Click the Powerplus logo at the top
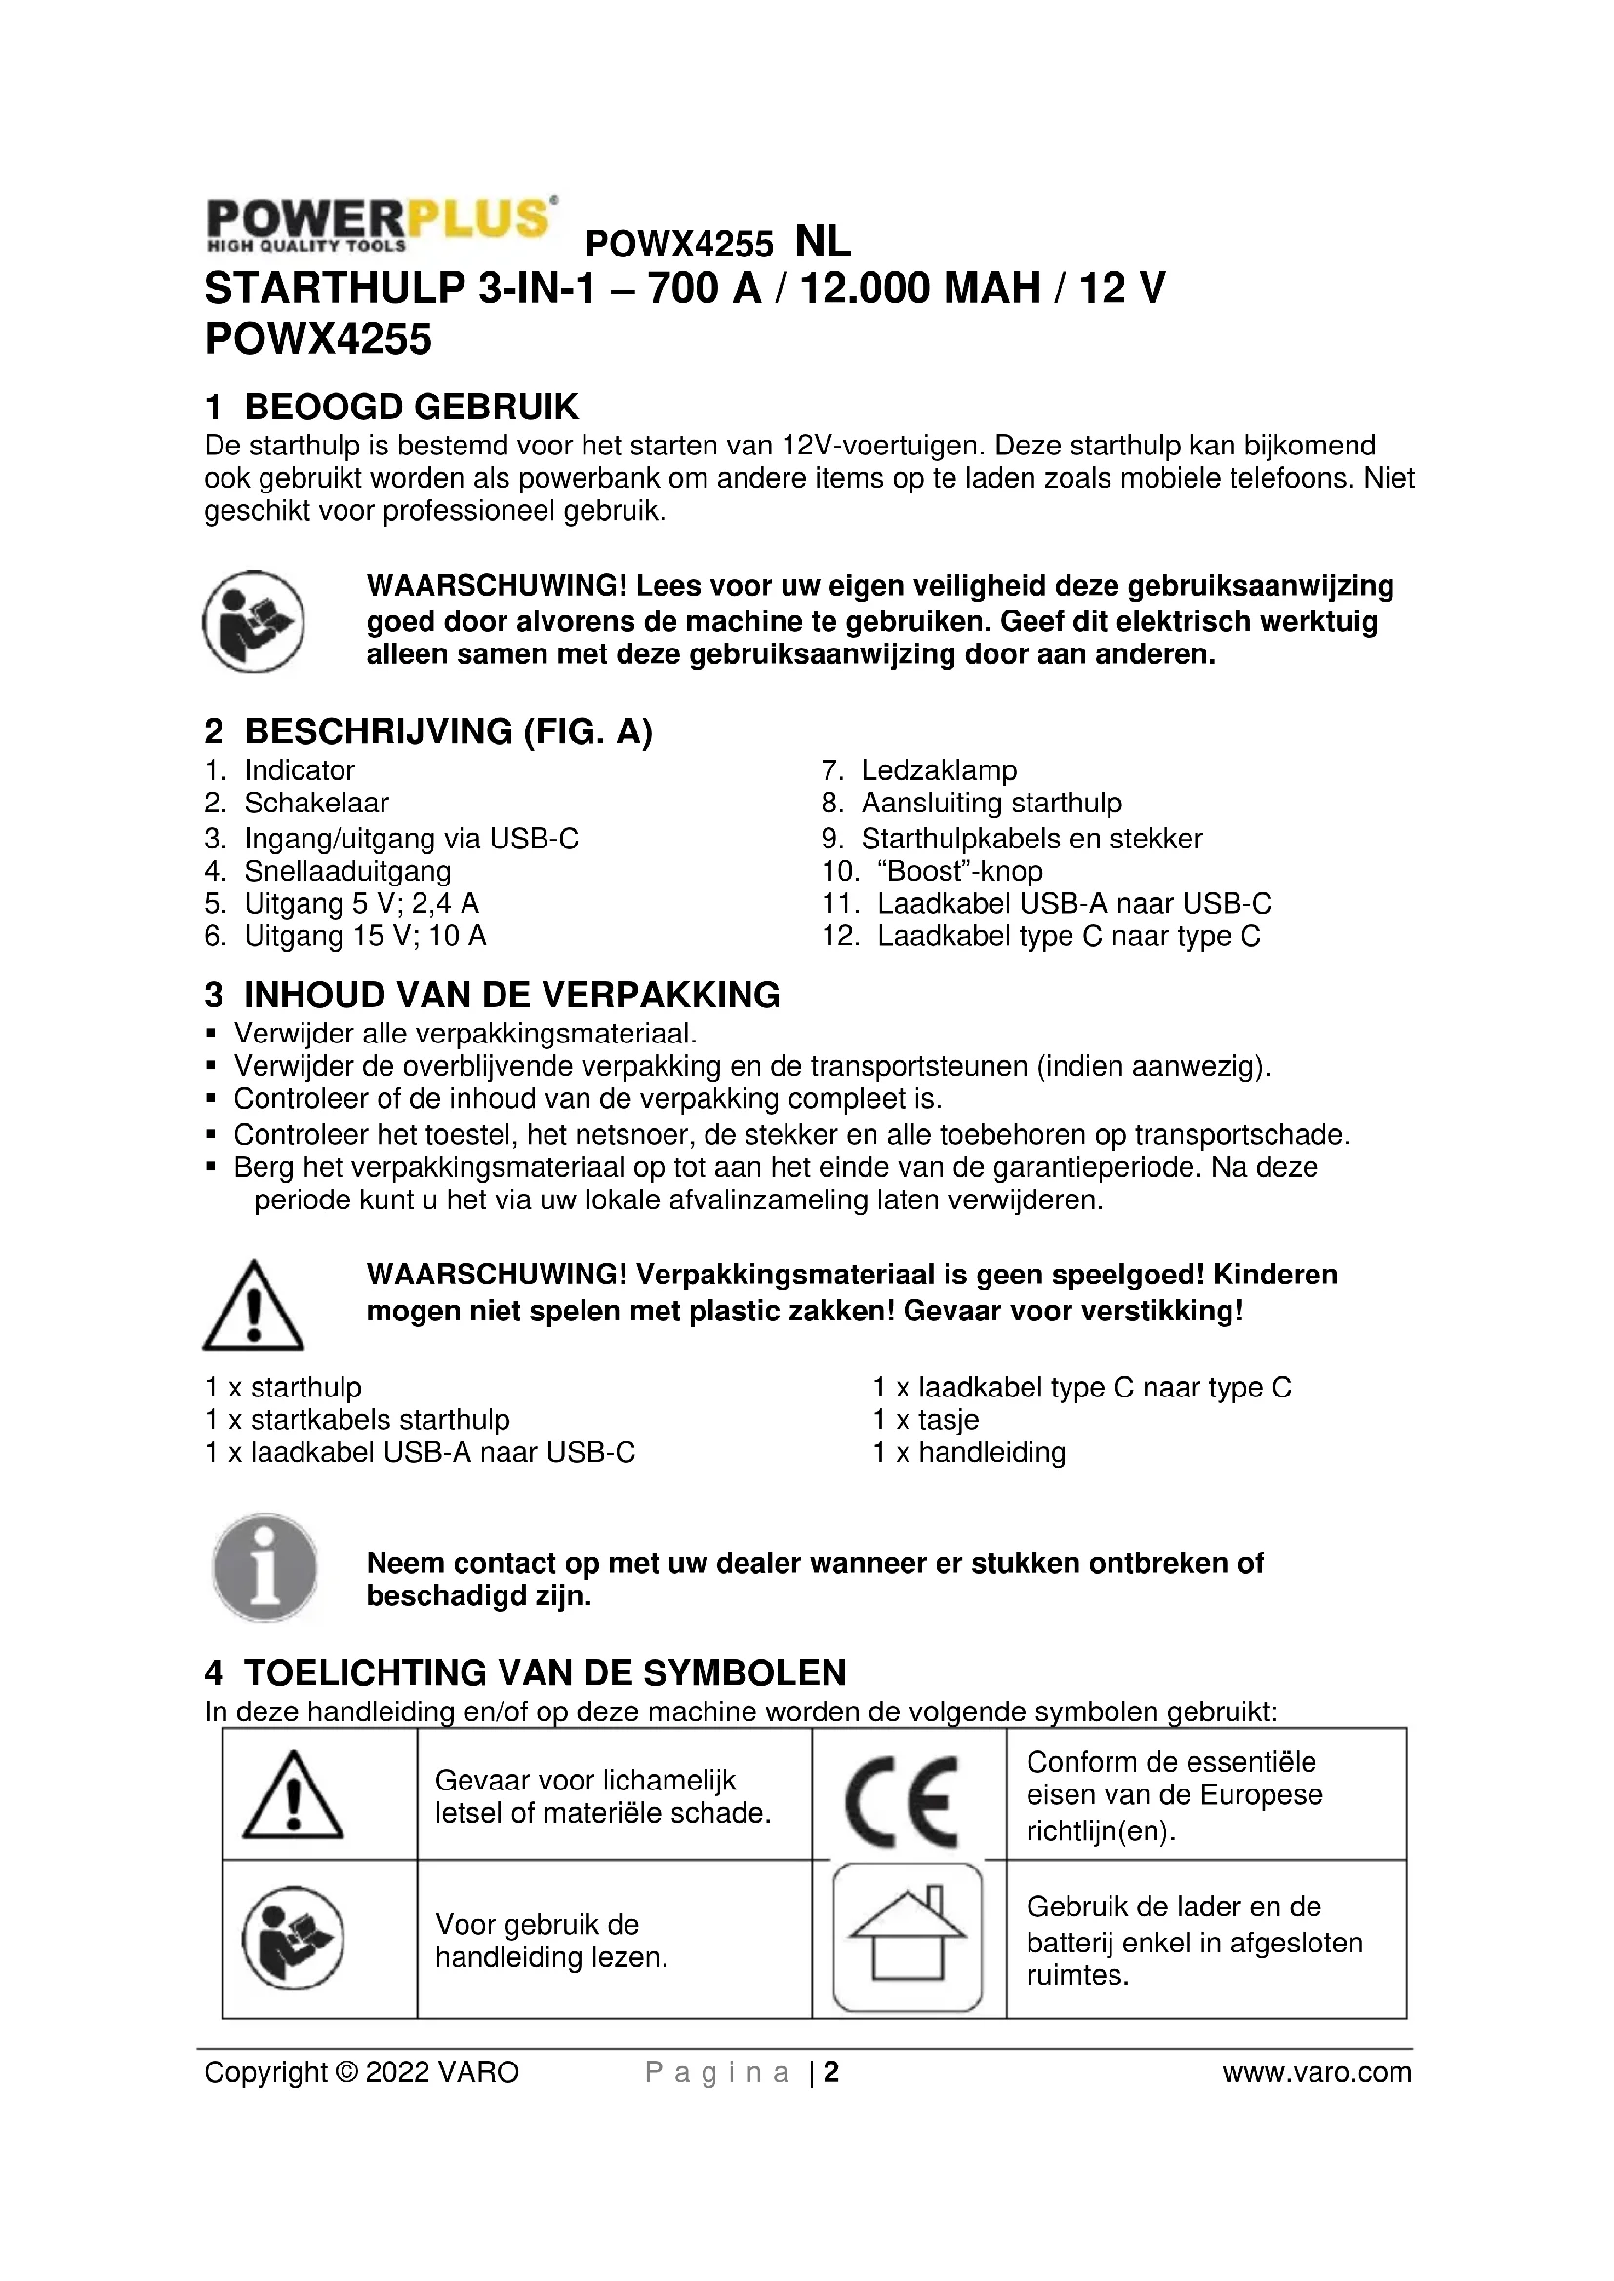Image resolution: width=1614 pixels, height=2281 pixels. point(380,223)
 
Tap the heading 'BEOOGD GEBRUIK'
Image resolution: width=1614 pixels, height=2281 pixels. point(411,408)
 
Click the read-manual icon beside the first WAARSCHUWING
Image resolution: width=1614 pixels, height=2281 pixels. point(254,621)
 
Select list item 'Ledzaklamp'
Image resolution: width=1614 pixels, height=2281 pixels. point(938,770)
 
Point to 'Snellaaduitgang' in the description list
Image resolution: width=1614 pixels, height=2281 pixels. point(346,871)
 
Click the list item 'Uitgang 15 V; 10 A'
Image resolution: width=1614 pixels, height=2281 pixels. point(365,936)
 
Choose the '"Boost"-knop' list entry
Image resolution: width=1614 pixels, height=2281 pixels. point(959,871)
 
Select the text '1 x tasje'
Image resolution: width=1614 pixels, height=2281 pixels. point(925,1420)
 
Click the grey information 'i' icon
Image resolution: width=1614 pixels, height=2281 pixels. point(264,1568)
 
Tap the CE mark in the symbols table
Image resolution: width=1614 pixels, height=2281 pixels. point(902,1799)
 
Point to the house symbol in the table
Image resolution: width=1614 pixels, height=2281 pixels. point(907,1937)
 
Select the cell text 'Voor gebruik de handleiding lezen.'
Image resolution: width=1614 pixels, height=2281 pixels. point(551,1941)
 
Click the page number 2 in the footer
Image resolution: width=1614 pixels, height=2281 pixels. point(830,2072)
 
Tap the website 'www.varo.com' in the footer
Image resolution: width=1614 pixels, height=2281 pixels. point(1315,2072)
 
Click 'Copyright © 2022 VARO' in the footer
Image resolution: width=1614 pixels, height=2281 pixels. point(362,2072)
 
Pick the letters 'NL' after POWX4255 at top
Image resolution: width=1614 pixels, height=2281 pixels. point(823,242)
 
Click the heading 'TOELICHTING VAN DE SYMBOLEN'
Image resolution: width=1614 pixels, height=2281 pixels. point(545,1672)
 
